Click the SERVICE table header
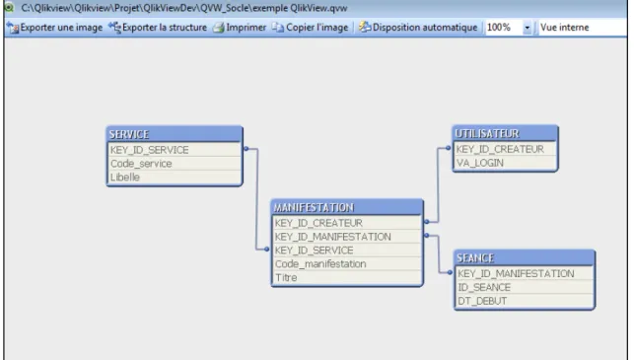pyautogui.click(x=175, y=134)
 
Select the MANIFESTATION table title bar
pyautogui.click(x=347, y=207)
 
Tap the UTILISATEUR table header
pyautogui.click(x=505, y=133)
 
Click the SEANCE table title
pyautogui.click(x=524, y=257)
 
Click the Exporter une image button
pyautogui.click(x=55, y=28)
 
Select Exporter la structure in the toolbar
pyautogui.click(x=158, y=28)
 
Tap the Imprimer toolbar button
pyautogui.click(x=240, y=28)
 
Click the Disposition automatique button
pyautogui.click(x=418, y=28)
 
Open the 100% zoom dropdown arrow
pyautogui.click(x=528, y=28)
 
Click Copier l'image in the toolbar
pyautogui.click(x=311, y=28)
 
